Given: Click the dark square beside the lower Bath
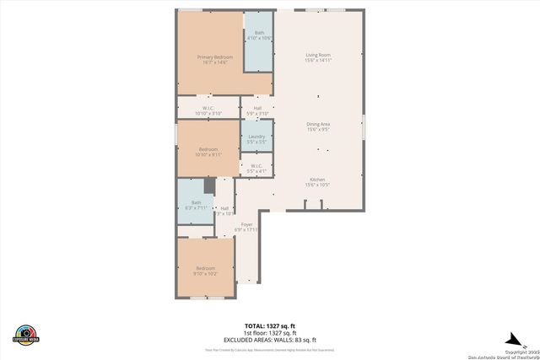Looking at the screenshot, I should point(210,185).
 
